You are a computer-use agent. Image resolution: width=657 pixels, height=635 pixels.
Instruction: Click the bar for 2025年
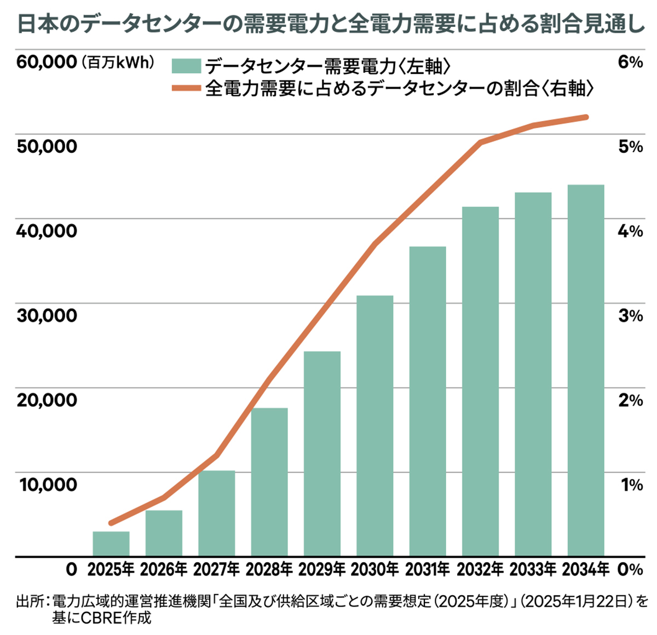click(x=111, y=544)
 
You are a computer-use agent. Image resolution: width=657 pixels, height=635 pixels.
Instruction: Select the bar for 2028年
click(x=269, y=482)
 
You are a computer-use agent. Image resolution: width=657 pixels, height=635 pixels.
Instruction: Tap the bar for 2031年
click(x=428, y=401)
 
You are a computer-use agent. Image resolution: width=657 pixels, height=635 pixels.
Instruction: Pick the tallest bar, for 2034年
click(x=586, y=371)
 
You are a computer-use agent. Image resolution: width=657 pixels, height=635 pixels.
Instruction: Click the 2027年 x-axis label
click(x=217, y=570)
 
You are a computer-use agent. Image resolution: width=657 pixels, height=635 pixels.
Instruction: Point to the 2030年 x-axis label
click(x=375, y=570)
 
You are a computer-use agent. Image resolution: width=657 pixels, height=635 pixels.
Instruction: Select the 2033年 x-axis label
click(x=533, y=570)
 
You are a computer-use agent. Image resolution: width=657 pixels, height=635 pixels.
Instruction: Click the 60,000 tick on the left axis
click(x=47, y=62)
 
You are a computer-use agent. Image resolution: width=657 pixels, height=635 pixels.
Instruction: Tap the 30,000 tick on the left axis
click(x=47, y=315)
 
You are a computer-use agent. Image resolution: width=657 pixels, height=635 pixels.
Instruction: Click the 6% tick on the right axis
click(x=630, y=62)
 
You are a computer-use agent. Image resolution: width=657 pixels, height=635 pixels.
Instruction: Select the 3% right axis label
click(x=630, y=315)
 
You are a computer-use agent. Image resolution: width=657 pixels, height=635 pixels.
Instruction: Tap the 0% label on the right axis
click(x=630, y=570)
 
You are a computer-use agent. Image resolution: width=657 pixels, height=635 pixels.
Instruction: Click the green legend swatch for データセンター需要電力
click(x=186, y=66)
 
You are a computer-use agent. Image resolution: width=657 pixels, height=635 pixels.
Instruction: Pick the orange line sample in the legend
click(x=186, y=88)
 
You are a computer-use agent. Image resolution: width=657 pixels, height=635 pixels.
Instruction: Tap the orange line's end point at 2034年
click(x=586, y=117)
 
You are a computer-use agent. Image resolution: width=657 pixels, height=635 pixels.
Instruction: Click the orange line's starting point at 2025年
click(x=111, y=523)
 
